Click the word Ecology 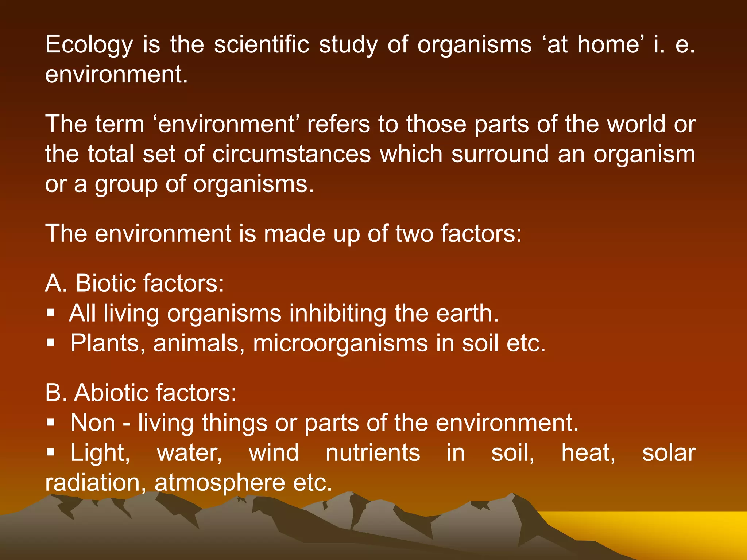[89, 45]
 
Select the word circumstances [291, 154]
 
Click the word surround [500, 154]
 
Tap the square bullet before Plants [51, 343]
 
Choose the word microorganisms [340, 343]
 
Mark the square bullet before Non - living [51, 422]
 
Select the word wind [274, 453]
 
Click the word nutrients [373, 453]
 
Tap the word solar [669, 453]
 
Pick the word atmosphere [220, 483]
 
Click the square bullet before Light [51, 452]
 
